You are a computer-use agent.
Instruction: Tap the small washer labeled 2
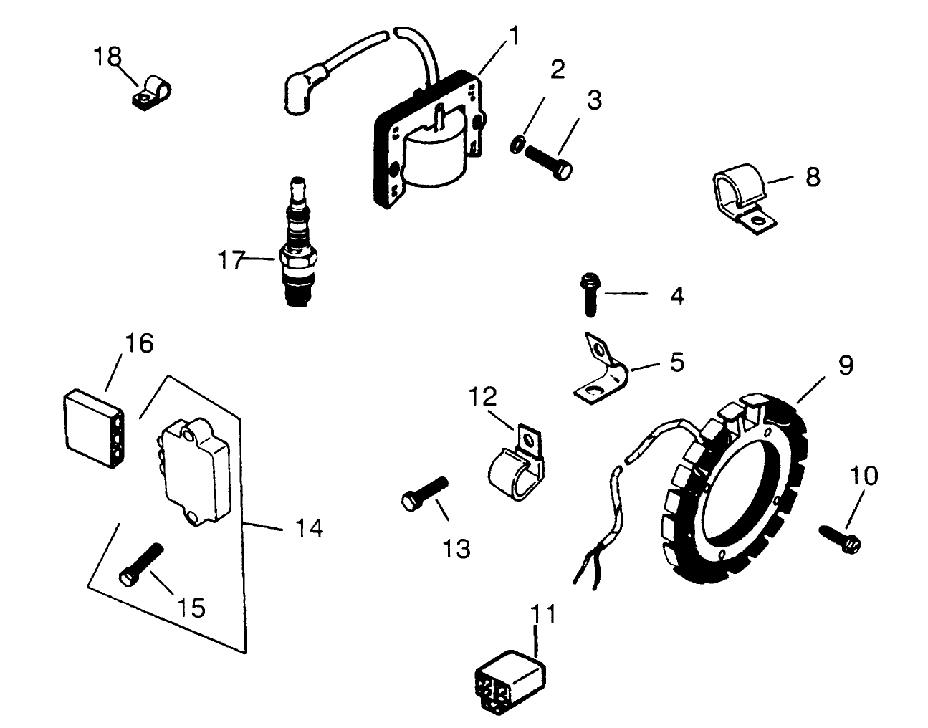tap(516, 145)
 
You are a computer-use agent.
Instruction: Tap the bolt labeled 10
tap(840, 537)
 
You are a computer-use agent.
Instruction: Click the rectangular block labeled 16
tap(93, 428)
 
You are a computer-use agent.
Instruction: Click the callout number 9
tap(846, 365)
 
